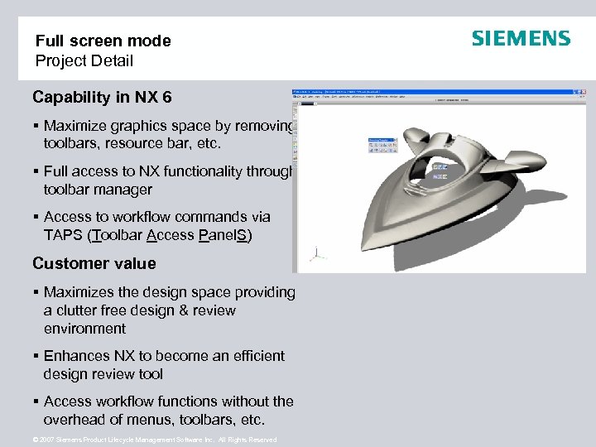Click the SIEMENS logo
(x=521, y=39)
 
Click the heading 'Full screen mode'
(x=103, y=41)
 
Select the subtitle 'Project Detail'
(x=84, y=61)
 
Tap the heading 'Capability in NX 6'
(x=102, y=98)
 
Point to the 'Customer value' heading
(x=94, y=264)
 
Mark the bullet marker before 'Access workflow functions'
(x=36, y=401)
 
